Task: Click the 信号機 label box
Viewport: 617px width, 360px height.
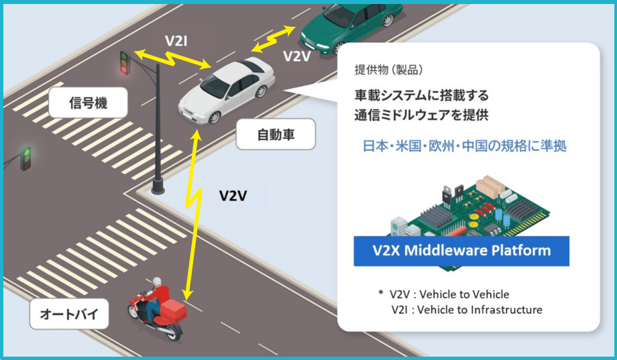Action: (x=87, y=104)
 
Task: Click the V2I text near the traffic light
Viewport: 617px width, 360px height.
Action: (x=176, y=40)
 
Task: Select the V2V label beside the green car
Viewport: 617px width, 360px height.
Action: (x=297, y=56)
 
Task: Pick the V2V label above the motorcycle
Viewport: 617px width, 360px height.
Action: (x=233, y=196)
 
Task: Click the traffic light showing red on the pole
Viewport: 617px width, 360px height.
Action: (x=124, y=62)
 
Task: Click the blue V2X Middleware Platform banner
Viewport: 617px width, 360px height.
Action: (x=461, y=251)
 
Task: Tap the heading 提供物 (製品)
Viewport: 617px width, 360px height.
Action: (x=388, y=70)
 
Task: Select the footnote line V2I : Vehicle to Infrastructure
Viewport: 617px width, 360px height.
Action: (x=467, y=310)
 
